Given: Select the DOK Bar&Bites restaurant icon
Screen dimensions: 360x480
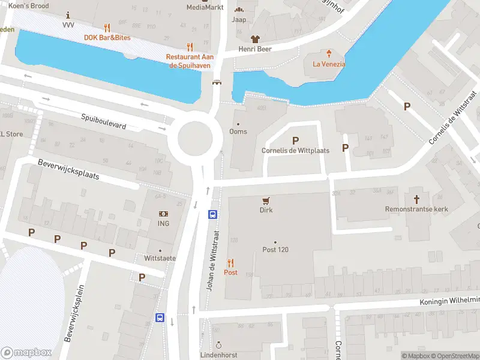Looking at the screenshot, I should (x=107, y=28).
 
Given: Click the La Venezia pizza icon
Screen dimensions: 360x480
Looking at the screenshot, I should (x=328, y=53).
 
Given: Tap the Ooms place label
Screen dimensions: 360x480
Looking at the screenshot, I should (x=238, y=131).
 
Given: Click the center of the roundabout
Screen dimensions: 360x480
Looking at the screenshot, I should (x=195, y=137).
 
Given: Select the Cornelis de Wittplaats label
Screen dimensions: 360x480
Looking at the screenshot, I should (x=295, y=151).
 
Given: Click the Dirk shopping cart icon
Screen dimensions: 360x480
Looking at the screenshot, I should (x=266, y=200).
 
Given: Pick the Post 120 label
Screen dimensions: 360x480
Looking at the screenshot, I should (x=275, y=250).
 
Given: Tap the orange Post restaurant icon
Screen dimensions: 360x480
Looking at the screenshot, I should (x=230, y=262).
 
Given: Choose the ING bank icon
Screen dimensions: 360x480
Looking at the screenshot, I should (x=163, y=214).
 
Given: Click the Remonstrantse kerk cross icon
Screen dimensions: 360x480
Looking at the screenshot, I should (x=417, y=198).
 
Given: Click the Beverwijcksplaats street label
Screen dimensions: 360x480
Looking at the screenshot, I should (x=68, y=170).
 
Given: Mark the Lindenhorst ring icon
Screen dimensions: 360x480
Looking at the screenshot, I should (x=219, y=345).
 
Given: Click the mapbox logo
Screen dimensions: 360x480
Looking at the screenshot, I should (x=26, y=353).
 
